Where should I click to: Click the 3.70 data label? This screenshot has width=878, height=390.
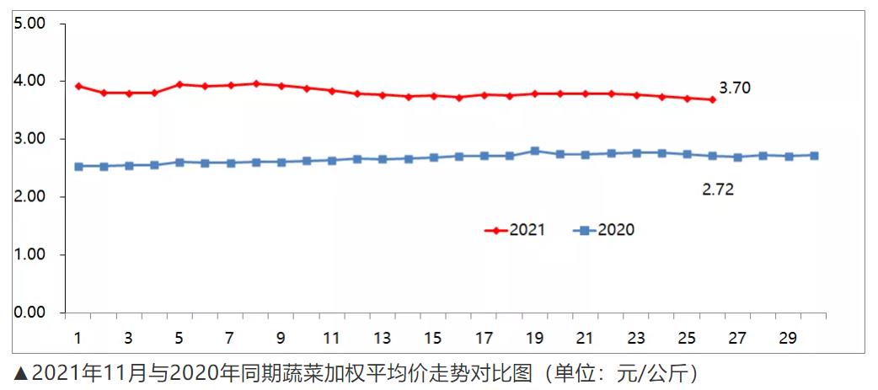click(735, 88)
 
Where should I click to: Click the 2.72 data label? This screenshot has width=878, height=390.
click(718, 190)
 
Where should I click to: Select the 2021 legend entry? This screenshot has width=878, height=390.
click(517, 230)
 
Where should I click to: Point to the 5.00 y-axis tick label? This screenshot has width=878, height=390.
click(30, 24)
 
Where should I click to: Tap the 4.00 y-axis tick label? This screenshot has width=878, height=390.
click(30, 82)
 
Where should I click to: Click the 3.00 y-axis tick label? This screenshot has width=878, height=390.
click(30, 139)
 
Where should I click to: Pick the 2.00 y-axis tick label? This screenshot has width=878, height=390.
click(30, 197)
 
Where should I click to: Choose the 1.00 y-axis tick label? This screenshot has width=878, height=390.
click(30, 254)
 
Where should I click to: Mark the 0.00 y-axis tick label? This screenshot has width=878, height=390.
click(30, 313)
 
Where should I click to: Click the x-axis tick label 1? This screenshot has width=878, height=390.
click(78, 339)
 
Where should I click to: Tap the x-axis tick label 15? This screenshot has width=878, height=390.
click(433, 339)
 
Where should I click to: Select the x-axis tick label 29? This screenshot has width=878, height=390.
click(789, 339)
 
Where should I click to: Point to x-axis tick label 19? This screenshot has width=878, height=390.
click(534, 339)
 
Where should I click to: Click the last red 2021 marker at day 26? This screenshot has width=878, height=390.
click(713, 99)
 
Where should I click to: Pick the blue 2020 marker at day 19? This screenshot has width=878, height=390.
click(535, 151)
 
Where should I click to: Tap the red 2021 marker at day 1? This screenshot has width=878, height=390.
click(78, 86)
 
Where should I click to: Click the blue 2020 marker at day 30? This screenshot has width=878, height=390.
click(814, 155)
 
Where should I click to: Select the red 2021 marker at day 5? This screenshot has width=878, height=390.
click(179, 84)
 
